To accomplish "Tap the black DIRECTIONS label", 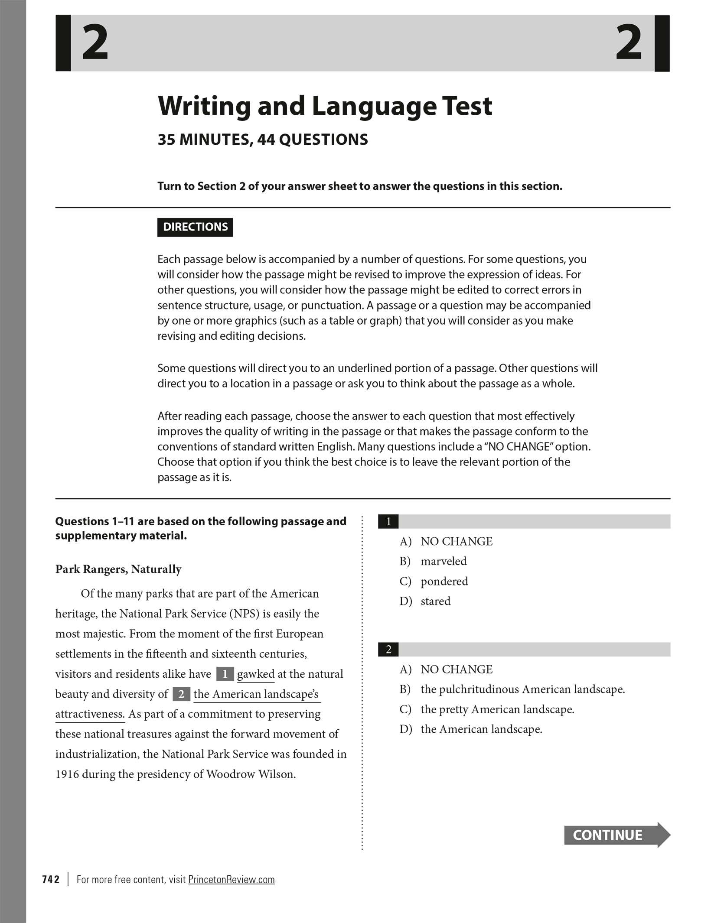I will click(195, 227).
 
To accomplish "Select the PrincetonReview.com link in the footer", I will click(231, 879).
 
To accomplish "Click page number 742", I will click(51, 879).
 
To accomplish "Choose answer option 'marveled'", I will click(444, 561).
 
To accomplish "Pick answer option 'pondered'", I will click(444, 581).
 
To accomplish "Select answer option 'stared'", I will click(435, 601).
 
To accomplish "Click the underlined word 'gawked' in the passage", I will click(255, 674).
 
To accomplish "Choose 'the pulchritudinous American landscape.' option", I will click(522, 689).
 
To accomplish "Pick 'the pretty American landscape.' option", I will click(497, 709).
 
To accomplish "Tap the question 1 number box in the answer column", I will click(388, 521).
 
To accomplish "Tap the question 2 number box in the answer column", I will click(388, 649).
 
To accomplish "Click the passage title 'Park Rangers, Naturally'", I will click(118, 569).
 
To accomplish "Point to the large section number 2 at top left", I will click(95, 43).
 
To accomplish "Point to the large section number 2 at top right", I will click(628, 43).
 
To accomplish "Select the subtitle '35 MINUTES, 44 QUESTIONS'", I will click(263, 140).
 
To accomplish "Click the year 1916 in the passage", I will click(67, 774).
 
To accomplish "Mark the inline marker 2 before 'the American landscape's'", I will click(181, 694).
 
